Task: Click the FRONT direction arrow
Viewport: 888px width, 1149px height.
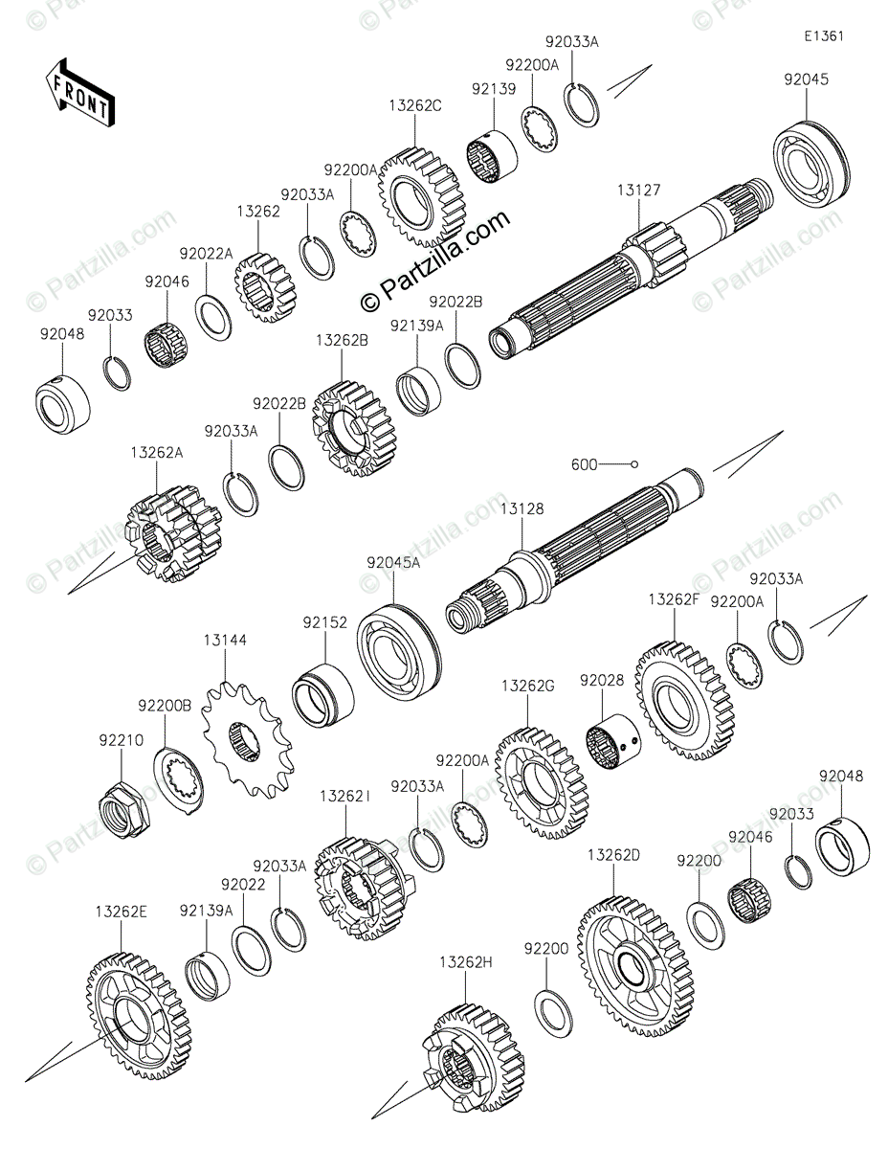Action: click(x=80, y=93)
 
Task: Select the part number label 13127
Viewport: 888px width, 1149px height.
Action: click(x=638, y=191)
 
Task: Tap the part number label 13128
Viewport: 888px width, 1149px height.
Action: click(x=522, y=509)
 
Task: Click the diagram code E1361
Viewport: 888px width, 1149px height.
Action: click(x=823, y=37)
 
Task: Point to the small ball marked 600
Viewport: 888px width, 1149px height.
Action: click(x=633, y=464)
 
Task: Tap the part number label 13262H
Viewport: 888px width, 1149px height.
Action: click(x=466, y=961)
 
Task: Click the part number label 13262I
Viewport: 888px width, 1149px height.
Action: click(x=345, y=796)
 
